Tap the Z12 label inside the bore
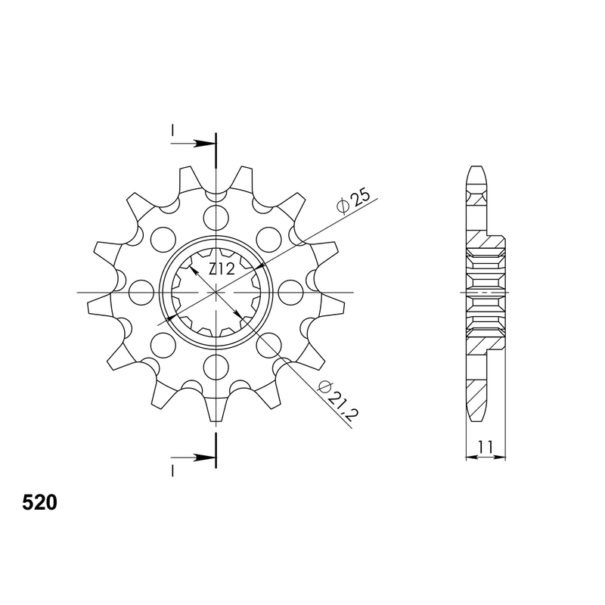click(222, 268)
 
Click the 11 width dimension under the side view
click(486, 447)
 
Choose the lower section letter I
click(172, 470)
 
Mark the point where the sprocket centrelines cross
click(216, 292)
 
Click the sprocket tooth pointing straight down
click(217, 408)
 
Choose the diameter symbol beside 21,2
click(324, 387)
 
